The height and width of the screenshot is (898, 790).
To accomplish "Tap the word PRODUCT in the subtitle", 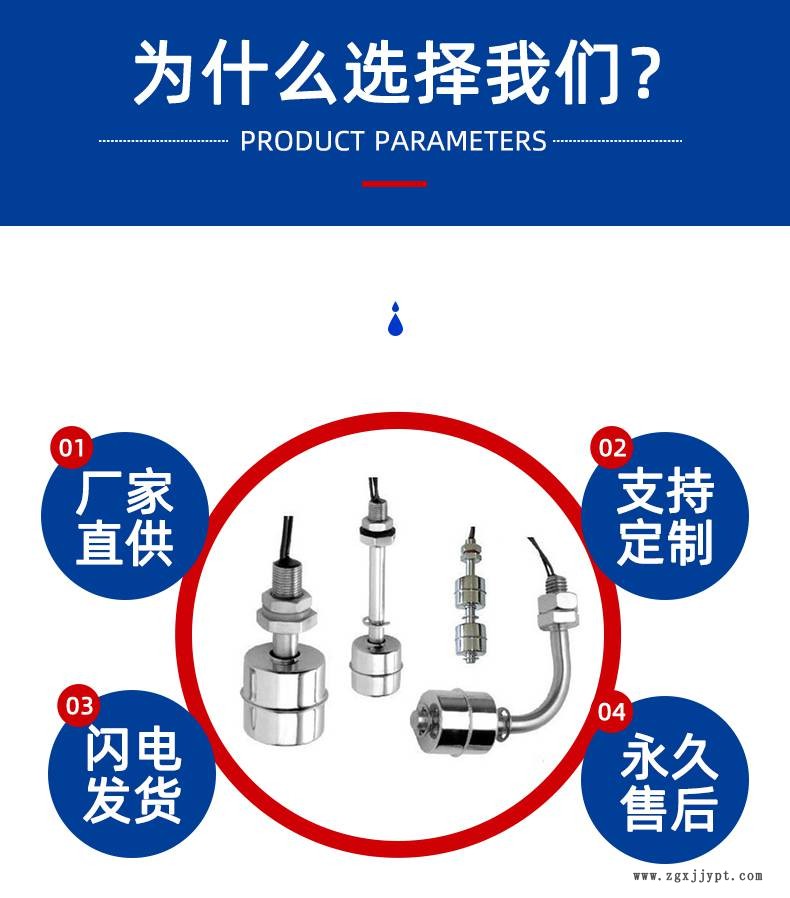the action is coord(302,141).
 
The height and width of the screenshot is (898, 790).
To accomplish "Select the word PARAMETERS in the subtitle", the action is coord(461,141).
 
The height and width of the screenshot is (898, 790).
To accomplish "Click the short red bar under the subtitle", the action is coord(394,184).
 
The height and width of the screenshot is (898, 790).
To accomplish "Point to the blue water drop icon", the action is coord(395,318).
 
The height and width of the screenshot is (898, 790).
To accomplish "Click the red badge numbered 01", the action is coord(71,447).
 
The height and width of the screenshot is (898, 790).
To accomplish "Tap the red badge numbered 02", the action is coord(612,447).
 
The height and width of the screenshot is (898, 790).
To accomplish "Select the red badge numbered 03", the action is coord(79,706).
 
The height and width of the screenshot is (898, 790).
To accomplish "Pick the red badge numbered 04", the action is coord(612,712).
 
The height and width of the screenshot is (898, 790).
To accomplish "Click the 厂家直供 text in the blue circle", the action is coord(124,518).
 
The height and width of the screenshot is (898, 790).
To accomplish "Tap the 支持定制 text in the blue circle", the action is coord(665,517).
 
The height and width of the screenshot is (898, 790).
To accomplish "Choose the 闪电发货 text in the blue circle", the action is coord(133,775).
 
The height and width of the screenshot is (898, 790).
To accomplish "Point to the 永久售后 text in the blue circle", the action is coord(669,782).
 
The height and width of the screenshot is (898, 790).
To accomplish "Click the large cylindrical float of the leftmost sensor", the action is coord(284,694).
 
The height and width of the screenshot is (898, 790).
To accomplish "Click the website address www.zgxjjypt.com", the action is coord(698,876).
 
